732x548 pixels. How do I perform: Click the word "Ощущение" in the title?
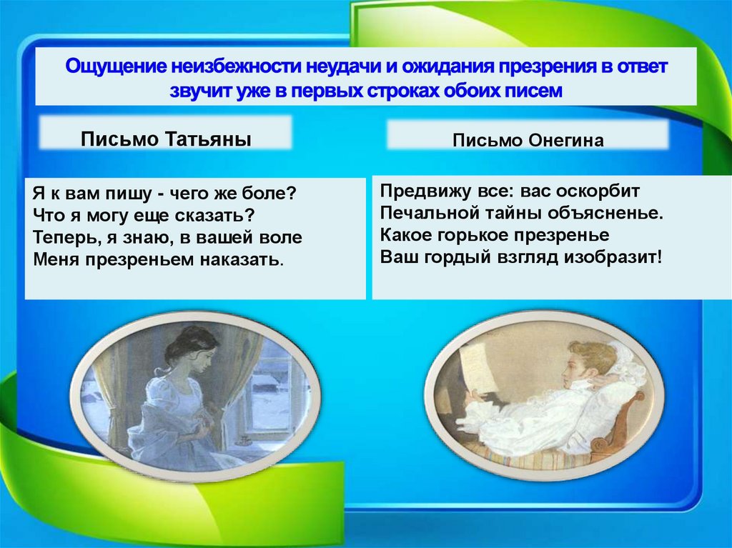(x=114, y=67)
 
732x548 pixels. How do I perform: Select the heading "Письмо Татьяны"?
(x=166, y=139)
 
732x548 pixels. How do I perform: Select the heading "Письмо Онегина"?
(x=528, y=140)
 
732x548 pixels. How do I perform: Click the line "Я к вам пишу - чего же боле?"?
(x=164, y=194)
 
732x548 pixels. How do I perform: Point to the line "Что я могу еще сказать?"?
(x=143, y=215)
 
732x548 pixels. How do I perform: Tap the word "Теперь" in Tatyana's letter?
(x=60, y=237)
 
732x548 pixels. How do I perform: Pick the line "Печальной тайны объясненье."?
(x=522, y=214)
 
